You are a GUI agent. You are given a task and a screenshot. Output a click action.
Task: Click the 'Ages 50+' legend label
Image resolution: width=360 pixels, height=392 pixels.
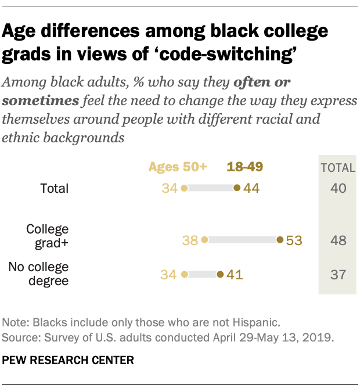(178, 167)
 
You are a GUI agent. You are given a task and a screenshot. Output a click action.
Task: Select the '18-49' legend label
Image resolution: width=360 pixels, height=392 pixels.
(244, 167)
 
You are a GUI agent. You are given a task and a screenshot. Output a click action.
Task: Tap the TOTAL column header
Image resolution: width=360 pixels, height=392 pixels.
(337, 168)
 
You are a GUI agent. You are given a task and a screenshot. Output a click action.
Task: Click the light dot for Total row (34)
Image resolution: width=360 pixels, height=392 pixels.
(184, 188)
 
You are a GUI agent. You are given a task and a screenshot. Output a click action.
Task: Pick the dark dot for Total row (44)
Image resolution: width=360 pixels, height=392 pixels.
(236, 188)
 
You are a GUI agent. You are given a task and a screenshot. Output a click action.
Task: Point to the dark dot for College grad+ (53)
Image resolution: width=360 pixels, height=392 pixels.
(280, 240)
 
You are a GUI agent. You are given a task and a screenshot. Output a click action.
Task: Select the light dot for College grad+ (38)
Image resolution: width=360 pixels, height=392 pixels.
(204, 240)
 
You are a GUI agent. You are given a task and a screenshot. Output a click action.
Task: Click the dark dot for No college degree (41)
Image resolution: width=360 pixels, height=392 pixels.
(219, 275)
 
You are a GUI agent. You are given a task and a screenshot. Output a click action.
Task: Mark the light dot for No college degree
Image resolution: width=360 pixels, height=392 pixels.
(184, 275)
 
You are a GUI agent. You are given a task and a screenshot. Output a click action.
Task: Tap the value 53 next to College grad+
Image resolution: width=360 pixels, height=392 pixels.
(294, 240)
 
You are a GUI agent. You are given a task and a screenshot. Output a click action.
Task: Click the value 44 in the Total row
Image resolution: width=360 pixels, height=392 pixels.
(251, 188)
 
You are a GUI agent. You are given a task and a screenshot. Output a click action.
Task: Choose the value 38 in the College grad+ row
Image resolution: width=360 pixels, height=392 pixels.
(190, 240)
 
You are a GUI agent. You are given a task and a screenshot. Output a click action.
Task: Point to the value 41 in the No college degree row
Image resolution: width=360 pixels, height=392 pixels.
(234, 275)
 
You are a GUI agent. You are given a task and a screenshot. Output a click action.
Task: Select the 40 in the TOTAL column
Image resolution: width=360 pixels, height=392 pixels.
(337, 188)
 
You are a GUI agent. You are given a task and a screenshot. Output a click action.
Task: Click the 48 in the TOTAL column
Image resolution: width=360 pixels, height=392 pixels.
(337, 240)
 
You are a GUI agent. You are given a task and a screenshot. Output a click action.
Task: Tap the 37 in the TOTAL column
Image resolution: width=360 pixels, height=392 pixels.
(337, 275)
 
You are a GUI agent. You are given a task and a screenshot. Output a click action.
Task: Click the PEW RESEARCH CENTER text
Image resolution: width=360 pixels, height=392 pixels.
(68, 361)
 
